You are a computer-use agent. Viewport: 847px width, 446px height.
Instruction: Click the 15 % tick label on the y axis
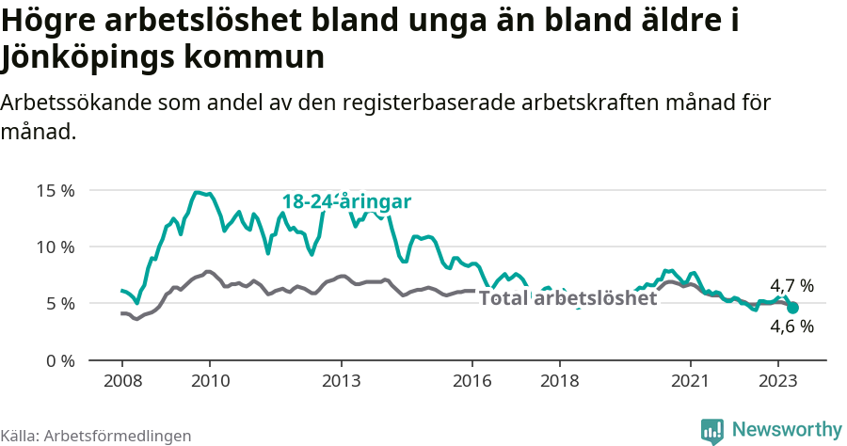55,191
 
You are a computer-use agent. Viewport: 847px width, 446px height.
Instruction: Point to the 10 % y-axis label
55,247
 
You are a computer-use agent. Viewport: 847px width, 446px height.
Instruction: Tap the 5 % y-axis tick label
59,304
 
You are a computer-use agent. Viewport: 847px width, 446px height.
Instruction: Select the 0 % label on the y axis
59,360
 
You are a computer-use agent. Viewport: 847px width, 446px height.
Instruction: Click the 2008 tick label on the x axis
122,381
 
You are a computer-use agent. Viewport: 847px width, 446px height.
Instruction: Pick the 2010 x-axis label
210,381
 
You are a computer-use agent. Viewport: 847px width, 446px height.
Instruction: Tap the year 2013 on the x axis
341,381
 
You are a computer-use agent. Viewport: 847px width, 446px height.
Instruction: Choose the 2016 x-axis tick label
472,381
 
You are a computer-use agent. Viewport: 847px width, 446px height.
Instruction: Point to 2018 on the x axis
560,381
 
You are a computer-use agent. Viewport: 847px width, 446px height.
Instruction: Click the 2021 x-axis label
691,381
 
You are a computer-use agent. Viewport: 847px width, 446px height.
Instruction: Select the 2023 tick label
778,381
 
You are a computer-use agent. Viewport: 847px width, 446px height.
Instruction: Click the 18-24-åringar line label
346,201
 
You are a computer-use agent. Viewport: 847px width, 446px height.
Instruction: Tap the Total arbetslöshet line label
567,298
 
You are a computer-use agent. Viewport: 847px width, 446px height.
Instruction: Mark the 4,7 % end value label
791,285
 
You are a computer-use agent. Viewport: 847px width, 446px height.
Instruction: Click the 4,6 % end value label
791,327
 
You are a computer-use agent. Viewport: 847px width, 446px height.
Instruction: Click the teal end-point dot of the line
792,308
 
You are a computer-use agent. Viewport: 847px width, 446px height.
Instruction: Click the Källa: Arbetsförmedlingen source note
96,436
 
